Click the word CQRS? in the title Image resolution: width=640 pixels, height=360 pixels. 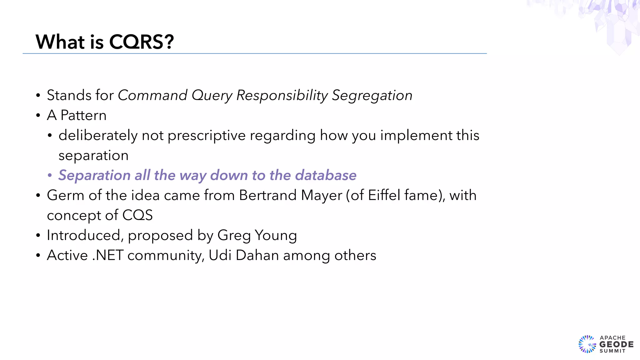click(x=141, y=42)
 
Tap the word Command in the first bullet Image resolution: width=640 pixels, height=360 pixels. click(x=152, y=95)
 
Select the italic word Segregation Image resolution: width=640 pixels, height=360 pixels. click(x=372, y=95)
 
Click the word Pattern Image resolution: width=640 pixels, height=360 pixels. click(x=83, y=115)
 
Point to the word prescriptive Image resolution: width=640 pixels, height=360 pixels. click(x=207, y=136)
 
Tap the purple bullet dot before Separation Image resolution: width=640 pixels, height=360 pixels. click(x=50, y=175)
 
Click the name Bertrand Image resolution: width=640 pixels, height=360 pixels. click(x=267, y=195)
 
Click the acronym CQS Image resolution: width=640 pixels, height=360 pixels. click(x=137, y=215)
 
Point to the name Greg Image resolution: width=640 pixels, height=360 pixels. click(x=234, y=235)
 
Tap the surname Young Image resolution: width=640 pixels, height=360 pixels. click(x=276, y=235)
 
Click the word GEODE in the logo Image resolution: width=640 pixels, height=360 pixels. click(x=616, y=344)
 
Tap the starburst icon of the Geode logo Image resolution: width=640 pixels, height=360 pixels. click(x=587, y=344)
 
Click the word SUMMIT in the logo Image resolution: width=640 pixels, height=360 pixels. click(x=612, y=351)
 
